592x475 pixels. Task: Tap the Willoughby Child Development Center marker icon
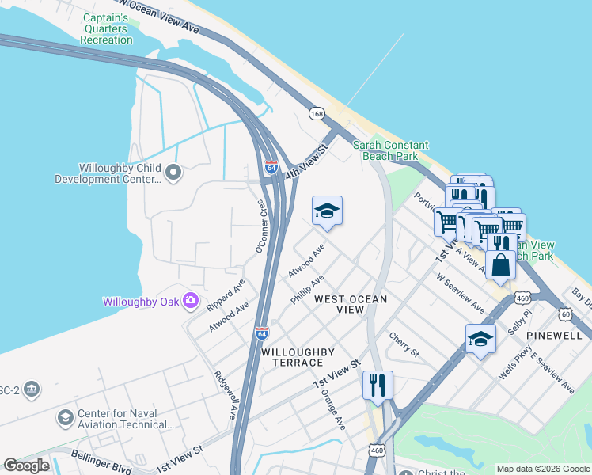coord(174,172)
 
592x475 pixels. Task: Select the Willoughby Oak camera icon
coord(190,300)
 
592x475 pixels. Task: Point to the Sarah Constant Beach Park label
coord(390,150)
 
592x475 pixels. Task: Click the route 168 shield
coord(317,115)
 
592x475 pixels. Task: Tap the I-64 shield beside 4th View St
coord(271,167)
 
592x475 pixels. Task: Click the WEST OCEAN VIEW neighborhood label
coord(351,304)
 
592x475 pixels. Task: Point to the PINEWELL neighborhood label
coord(557,336)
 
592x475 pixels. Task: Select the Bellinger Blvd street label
coord(101,462)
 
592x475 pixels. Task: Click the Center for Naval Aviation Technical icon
coord(66,417)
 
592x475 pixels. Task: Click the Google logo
coord(26,465)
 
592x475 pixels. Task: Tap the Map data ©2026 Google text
coord(542,469)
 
